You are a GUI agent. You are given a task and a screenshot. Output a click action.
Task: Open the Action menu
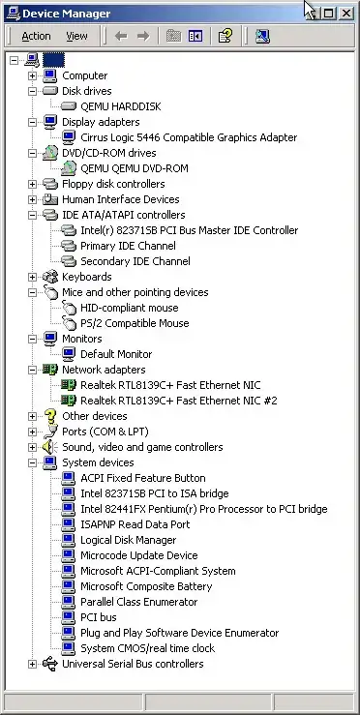pyautogui.click(x=36, y=36)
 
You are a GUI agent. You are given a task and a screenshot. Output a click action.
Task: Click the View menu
pyautogui.click(x=76, y=36)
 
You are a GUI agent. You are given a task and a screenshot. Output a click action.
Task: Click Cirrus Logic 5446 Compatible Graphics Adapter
pyautogui.click(x=189, y=137)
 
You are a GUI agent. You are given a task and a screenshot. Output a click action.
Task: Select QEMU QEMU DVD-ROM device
pyautogui.click(x=134, y=168)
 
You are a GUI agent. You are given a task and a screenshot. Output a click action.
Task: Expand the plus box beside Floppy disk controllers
pyautogui.click(x=33, y=184)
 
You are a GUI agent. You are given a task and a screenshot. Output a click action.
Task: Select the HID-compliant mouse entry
pyautogui.click(x=129, y=308)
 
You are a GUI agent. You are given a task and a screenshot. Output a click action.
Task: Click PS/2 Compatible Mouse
pyautogui.click(x=134, y=323)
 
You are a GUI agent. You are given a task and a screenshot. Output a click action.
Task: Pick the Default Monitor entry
pyautogui.click(x=116, y=354)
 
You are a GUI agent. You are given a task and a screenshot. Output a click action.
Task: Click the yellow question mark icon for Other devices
pyautogui.click(x=50, y=416)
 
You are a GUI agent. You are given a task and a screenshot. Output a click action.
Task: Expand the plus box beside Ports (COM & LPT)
pyautogui.click(x=33, y=432)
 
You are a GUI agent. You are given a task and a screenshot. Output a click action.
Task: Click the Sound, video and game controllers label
pyautogui.click(x=142, y=447)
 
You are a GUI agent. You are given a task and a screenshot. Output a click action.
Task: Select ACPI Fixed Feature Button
pyautogui.click(x=142, y=478)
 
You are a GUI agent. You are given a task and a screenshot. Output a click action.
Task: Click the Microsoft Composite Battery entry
pyautogui.click(x=145, y=586)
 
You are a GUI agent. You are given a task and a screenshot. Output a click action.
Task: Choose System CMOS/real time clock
pyautogui.click(x=147, y=648)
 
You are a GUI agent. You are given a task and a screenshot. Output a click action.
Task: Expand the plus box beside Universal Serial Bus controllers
pyautogui.click(x=33, y=664)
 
